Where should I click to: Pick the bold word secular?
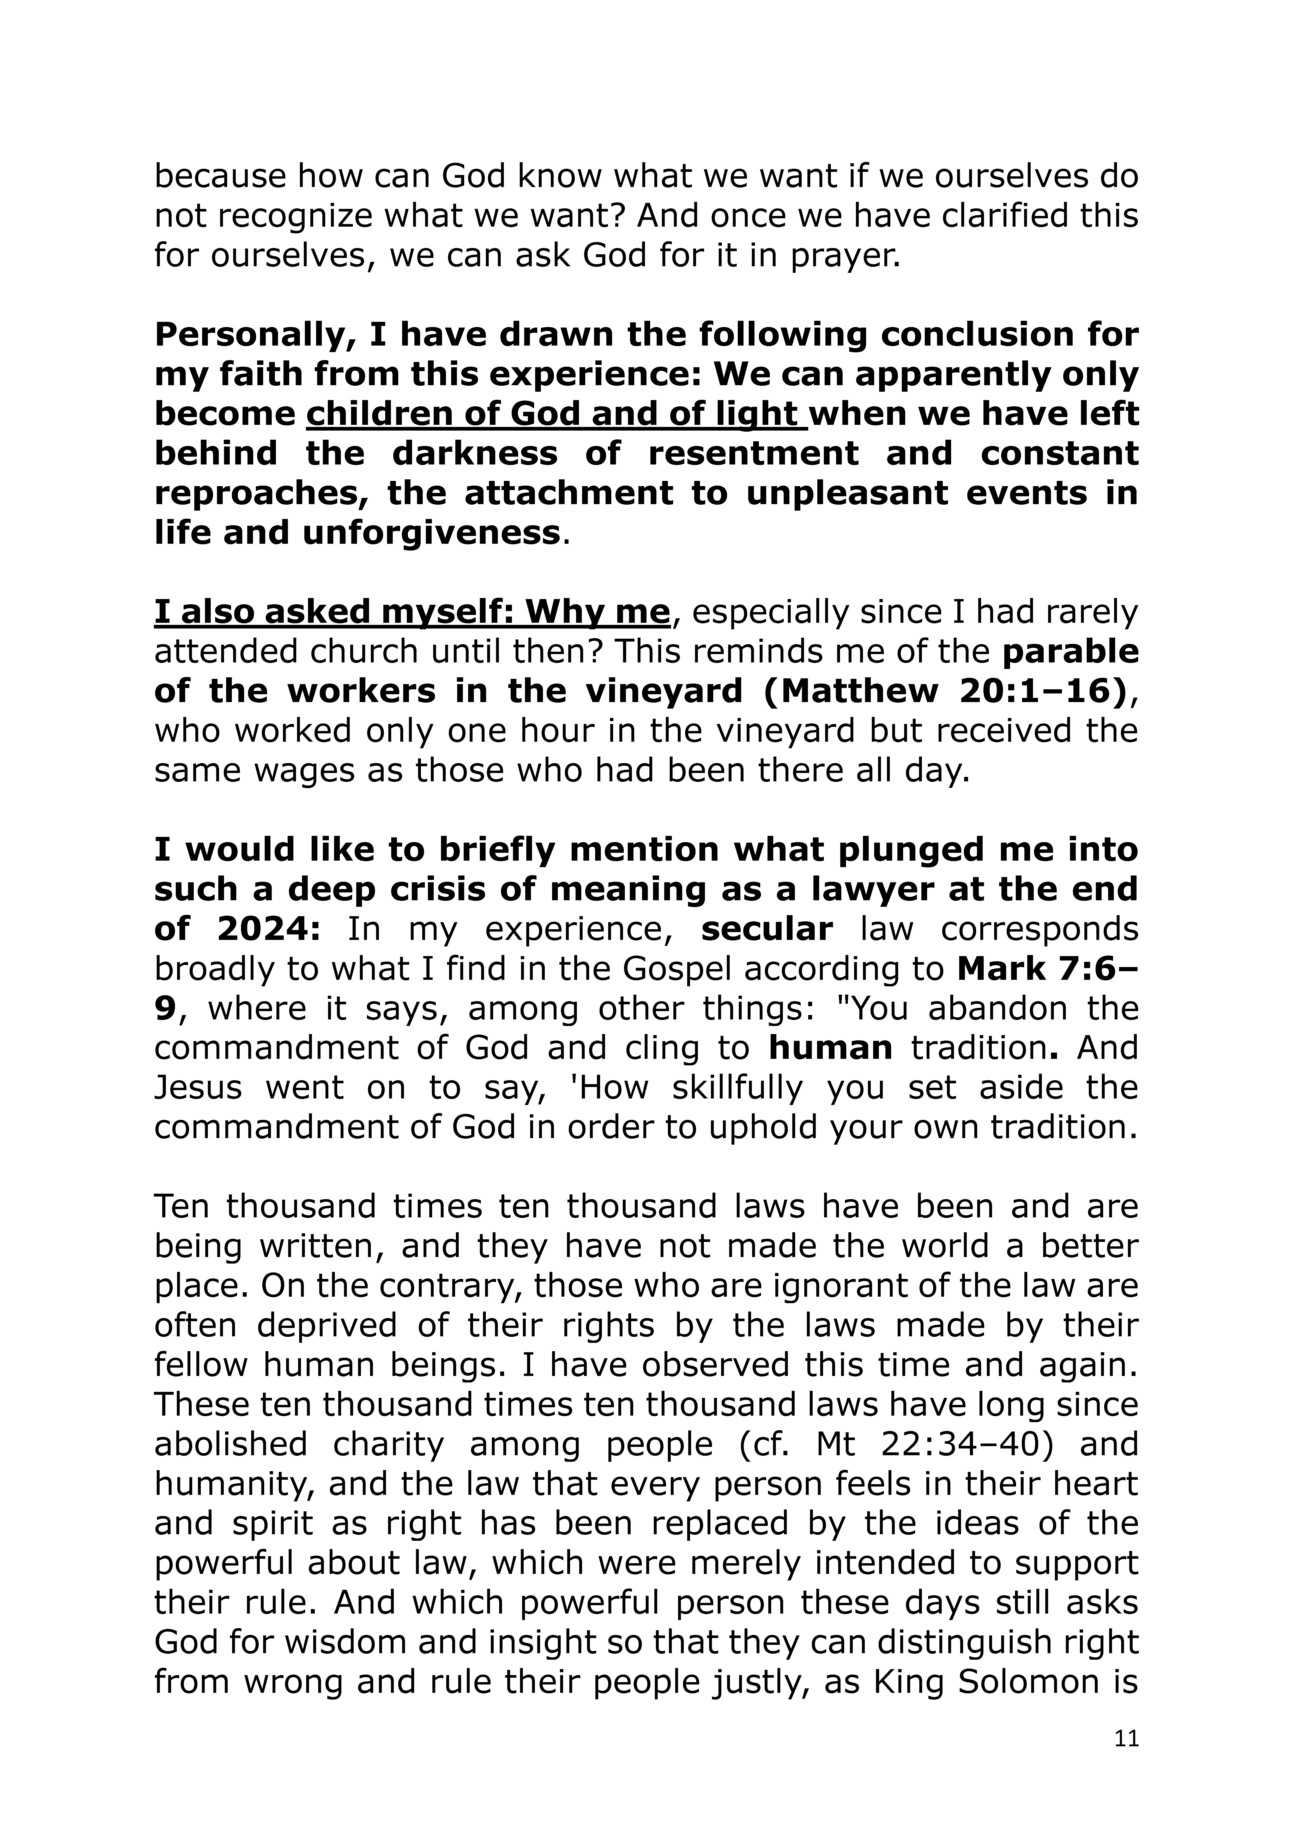coord(767,929)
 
